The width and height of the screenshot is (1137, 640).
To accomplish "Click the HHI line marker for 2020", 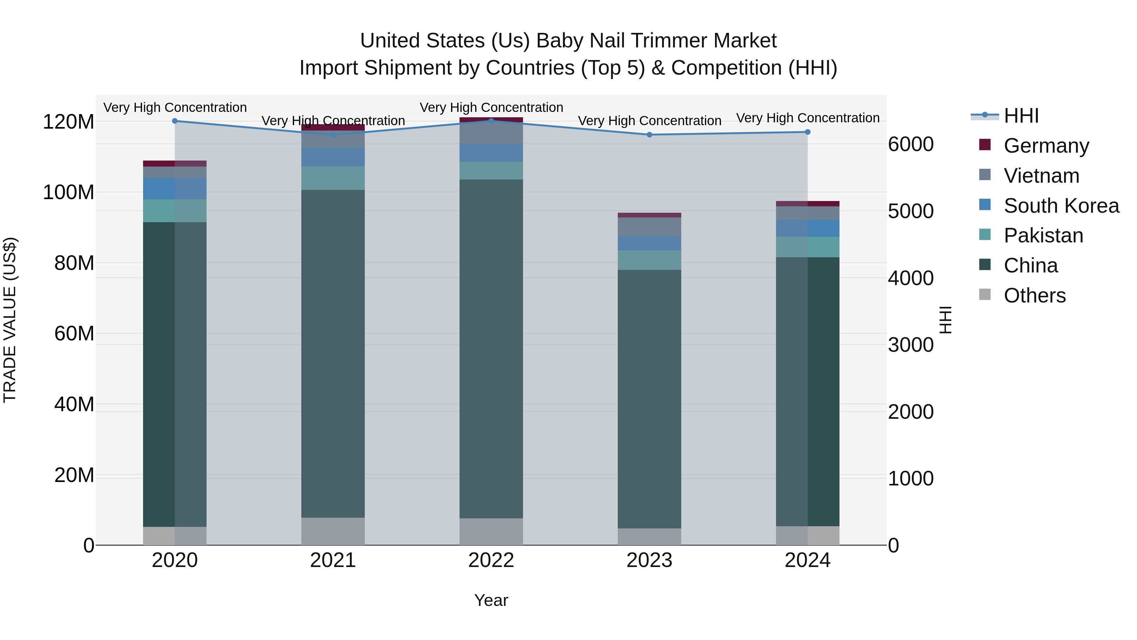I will tap(175, 121).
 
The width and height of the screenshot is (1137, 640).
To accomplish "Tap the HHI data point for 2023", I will tap(649, 135).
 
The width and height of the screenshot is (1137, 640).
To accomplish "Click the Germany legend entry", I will tap(1046, 146).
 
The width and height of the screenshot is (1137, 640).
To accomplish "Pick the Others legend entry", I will tap(1034, 296).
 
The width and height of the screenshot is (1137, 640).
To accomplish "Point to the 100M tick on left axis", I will tap(69, 192).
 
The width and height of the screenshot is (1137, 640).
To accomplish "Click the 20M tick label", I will tap(74, 475).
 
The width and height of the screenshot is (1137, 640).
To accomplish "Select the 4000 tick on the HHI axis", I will tap(911, 278).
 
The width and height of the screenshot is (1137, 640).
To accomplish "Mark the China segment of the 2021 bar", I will tap(333, 353).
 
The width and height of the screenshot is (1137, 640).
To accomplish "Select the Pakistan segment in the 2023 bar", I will tap(649, 260).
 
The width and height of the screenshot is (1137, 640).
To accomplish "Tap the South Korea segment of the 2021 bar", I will tap(333, 157).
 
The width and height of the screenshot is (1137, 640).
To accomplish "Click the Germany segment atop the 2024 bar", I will tap(808, 204).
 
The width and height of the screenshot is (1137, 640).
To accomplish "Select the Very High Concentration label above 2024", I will tap(808, 118).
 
